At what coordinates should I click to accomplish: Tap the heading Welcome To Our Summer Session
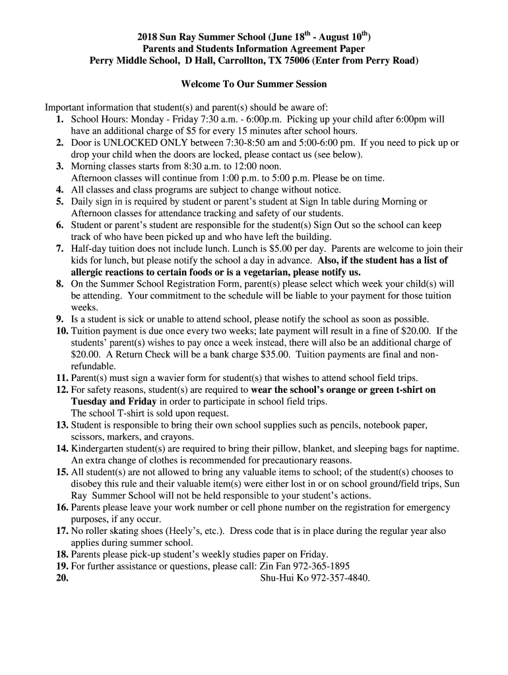(x=254, y=84)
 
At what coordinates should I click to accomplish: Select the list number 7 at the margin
(x=59, y=249)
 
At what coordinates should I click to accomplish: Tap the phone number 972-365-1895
(x=322, y=566)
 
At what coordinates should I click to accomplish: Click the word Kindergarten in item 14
(x=98, y=448)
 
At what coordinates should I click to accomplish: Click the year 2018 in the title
(x=149, y=37)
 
